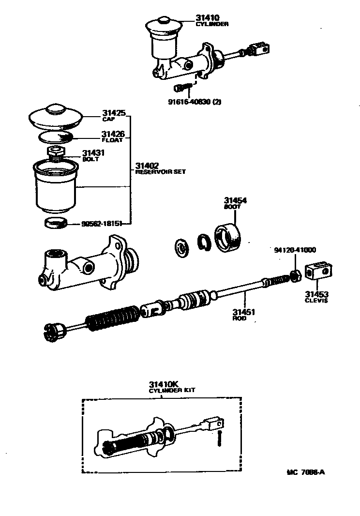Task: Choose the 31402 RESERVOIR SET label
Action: tap(153, 168)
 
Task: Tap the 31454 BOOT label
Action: tap(233, 202)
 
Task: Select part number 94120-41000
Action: tap(295, 250)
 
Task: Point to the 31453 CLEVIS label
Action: tap(316, 296)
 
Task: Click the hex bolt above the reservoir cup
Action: tap(57, 152)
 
